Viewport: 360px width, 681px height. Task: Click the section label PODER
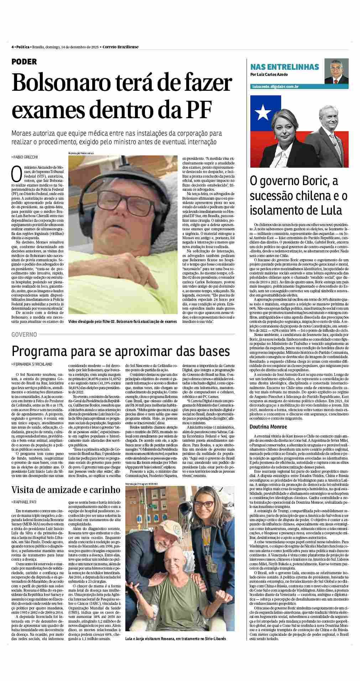tap(24, 62)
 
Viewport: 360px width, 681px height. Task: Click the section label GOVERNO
tap(24, 334)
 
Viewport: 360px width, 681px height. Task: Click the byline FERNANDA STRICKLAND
tap(32, 364)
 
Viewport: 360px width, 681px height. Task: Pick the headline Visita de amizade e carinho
tap(66, 489)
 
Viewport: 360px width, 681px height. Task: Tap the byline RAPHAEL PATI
tap(25, 502)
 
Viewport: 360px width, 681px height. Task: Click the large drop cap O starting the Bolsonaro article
tap(17, 173)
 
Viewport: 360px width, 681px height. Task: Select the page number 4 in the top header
tap(12, 47)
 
